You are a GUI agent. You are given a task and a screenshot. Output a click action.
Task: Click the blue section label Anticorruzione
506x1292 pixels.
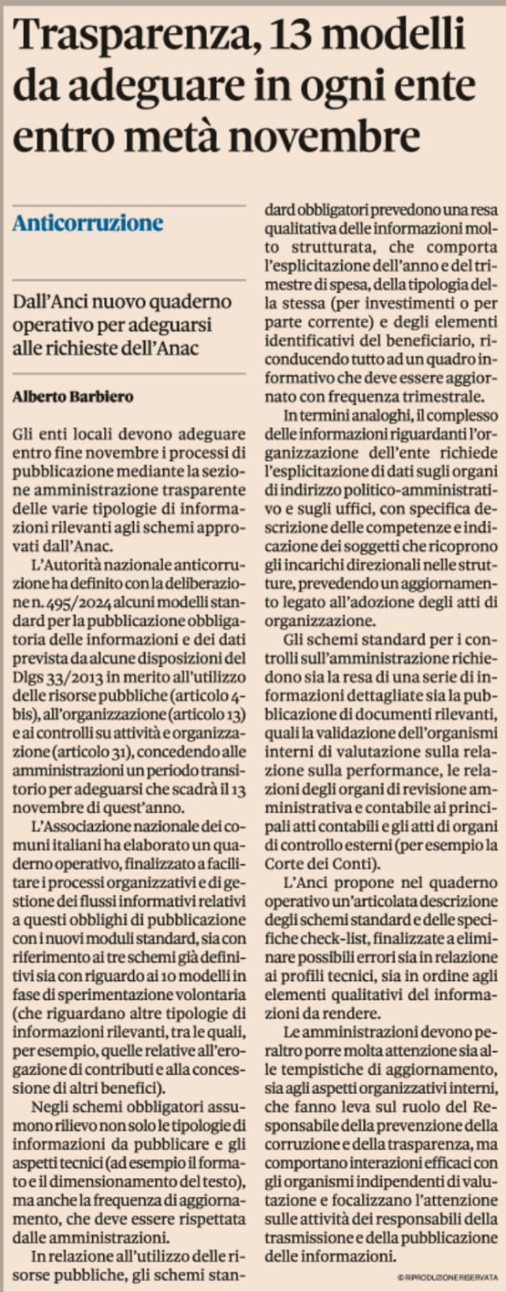pos(87,223)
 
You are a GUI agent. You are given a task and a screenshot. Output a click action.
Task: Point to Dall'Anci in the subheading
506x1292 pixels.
pos(48,302)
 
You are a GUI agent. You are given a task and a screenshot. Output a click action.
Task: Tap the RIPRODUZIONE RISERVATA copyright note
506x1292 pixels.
pos(447,1276)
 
